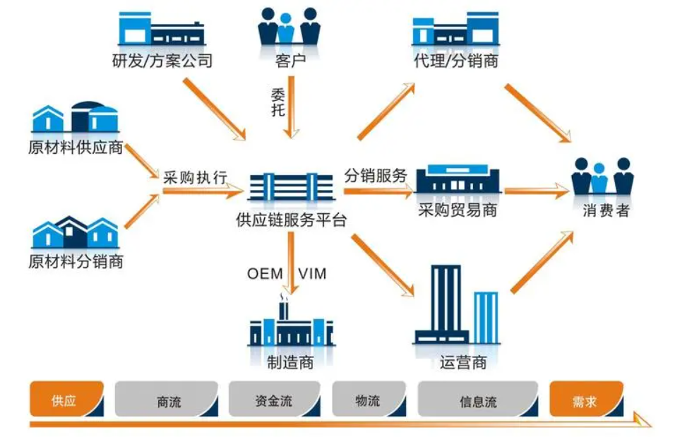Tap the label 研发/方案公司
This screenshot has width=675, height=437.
click(x=162, y=61)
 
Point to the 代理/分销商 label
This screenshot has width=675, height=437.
click(x=455, y=61)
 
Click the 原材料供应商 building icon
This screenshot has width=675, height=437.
click(x=75, y=118)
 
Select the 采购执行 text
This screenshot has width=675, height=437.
click(x=195, y=177)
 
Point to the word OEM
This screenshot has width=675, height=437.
click(x=265, y=273)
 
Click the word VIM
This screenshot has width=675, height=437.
click(x=312, y=273)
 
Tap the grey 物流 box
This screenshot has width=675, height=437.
click(x=368, y=400)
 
